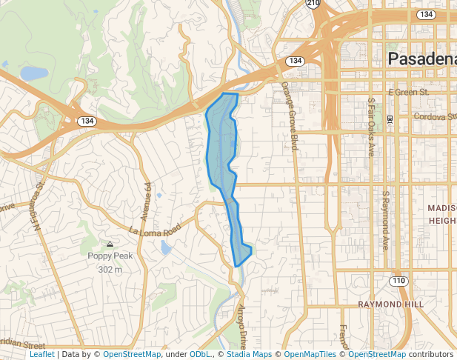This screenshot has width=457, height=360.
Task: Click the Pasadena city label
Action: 423,59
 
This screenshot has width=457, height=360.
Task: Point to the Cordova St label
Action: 434,116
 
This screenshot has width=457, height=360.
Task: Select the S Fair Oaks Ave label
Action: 371,127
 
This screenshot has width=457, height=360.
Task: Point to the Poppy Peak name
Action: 110,256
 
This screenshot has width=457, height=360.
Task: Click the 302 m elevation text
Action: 110,270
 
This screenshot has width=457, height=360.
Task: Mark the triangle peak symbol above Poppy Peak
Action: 110,244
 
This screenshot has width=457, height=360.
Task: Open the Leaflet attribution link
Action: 41,354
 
